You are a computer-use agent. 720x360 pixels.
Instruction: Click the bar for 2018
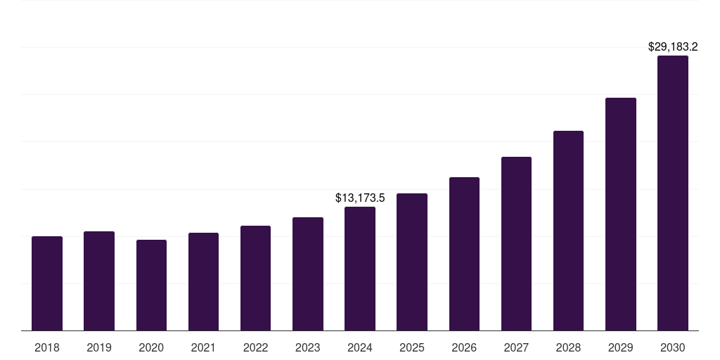(x=47, y=283)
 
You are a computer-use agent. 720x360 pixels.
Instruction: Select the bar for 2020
(x=151, y=285)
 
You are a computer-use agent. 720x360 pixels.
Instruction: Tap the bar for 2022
(x=255, y=278)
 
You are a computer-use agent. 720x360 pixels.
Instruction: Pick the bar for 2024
(x=360, y=269)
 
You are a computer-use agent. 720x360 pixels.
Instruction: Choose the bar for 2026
(x=464, y=254)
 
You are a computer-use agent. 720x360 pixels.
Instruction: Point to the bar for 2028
(x=568, y=231)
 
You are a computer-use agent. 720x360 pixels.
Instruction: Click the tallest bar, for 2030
(x=673, y=193)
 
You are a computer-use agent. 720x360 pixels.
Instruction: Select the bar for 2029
(x=621, y=214)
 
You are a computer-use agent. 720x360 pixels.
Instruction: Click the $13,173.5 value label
(x=360, y=198)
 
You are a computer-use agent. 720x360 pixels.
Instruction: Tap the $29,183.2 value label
(x=673, y=47)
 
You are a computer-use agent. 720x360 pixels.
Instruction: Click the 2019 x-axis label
(x=99, y=347)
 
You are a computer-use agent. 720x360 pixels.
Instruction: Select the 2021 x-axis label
(x=203, y=347)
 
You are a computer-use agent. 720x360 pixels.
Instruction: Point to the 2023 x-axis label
(x=308, y=347)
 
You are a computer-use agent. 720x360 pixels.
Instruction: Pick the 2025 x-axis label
(x=412, y=347)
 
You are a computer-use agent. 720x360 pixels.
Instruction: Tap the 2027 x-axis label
(x=516, y=347)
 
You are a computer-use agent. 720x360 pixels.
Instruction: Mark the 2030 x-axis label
(x=673, y=347)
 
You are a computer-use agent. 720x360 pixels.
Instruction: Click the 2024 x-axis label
(x=360, y=347)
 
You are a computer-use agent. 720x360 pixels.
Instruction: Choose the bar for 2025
(x=412, y=262)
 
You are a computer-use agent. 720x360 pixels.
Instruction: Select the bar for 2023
(x=308, y=274)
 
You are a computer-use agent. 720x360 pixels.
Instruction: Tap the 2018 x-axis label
(x=47, y=347)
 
